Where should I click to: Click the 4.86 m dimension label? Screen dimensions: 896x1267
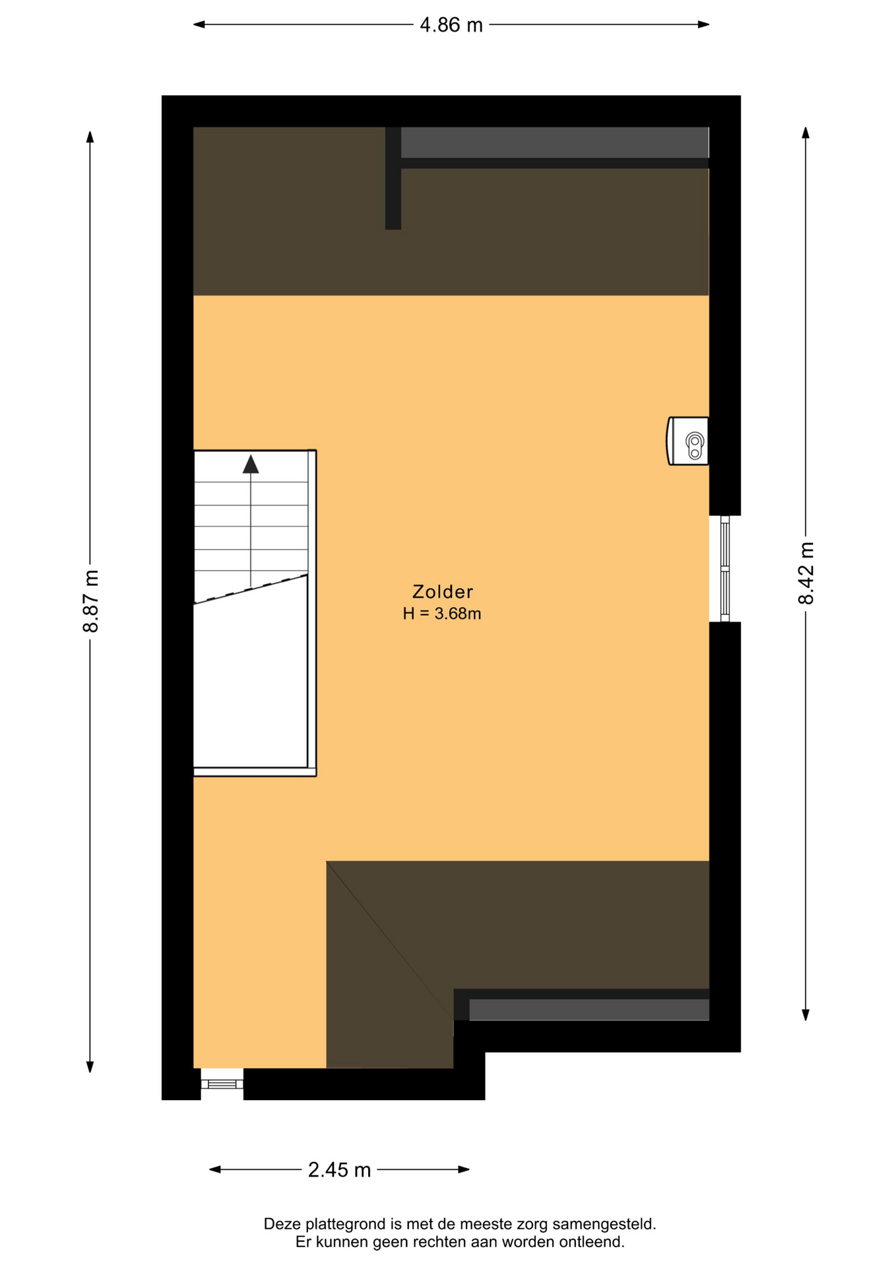[x=451, y=25]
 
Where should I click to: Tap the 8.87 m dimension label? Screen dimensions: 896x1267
[x=90, y=601]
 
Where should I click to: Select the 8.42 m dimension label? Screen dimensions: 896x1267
[x=806, y=573]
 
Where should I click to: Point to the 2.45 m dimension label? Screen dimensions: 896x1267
[x=339, y=1170]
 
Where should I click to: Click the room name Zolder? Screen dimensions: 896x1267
[x=442, y=591]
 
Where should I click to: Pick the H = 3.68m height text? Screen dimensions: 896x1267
[x=441, y=614]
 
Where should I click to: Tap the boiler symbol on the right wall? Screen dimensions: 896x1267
[x=688, y=441]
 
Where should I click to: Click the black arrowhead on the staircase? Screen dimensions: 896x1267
[x=251, y=464]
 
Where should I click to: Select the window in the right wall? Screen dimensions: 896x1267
[x=724, y=569]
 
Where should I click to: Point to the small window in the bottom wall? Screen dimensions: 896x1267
[x=222, y=1084]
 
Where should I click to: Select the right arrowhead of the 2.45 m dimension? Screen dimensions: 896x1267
[x=464, y=1169]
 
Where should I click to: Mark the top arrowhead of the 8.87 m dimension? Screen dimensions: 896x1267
[x=90, y=137]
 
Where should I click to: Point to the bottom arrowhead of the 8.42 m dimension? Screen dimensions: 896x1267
[x=806, y=1015]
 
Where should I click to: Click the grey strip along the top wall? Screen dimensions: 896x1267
[x=554, y=143]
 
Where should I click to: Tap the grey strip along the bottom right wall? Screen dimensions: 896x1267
[x=589, y=1010]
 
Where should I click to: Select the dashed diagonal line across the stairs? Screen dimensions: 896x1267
[x=251, y=589]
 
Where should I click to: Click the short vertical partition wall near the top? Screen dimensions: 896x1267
[x=393, y=178]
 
